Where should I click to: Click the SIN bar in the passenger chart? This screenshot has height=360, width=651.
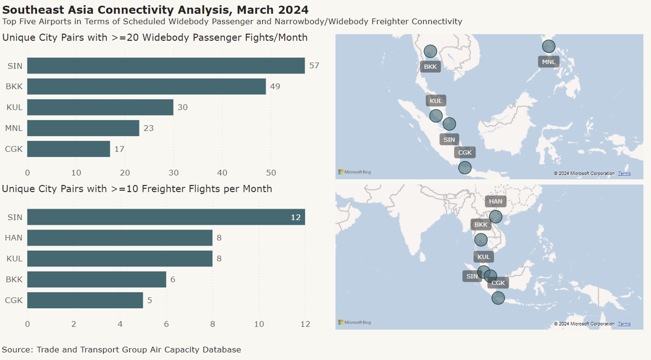pyautogui.click(x=166, y=66)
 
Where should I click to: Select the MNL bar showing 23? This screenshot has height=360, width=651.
pyautogui.click(x=83, y=128)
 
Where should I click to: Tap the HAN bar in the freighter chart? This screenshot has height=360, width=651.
pyautogui.click(x=120, y=237)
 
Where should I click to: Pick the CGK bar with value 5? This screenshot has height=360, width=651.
pyautogui.click(x=85, y=300)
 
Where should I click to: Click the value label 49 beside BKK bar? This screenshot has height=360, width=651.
pyautogui.click(x=275, y=86)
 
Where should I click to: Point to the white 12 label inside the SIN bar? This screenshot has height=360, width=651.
pyautogui.click(x=296, y=217)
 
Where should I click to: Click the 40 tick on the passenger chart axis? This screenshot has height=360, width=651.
pyautogui.click(x=222, y=172)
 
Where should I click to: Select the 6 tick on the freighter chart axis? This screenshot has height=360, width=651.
pyautogui.click(x=166, y=324)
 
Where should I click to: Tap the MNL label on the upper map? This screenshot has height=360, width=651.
pyautogui.click(x=549, y=62)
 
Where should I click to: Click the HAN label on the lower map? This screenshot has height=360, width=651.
pyautogui.click(x=495, y=201)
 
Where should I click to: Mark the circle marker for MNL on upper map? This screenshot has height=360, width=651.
pyautogui.click(x=548, y=46)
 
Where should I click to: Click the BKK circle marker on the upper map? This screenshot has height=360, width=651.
pyautogui.click(x=430, y=51)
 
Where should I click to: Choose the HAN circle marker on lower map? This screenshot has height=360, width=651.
pyautogui.click(x=495, y=217)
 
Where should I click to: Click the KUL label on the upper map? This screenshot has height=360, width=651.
pyautogui.click(x=436, y=101)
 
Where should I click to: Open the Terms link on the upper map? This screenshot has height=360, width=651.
pyautogui.click(x=624, y=173)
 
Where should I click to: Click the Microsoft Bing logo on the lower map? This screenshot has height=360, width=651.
pyautogui.click(x=354, y=322)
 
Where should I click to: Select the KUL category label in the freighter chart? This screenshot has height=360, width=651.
pyautogui.click(x=14, y=258)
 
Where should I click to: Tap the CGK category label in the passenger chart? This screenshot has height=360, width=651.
pyautogui.click(x=14, y=149)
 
